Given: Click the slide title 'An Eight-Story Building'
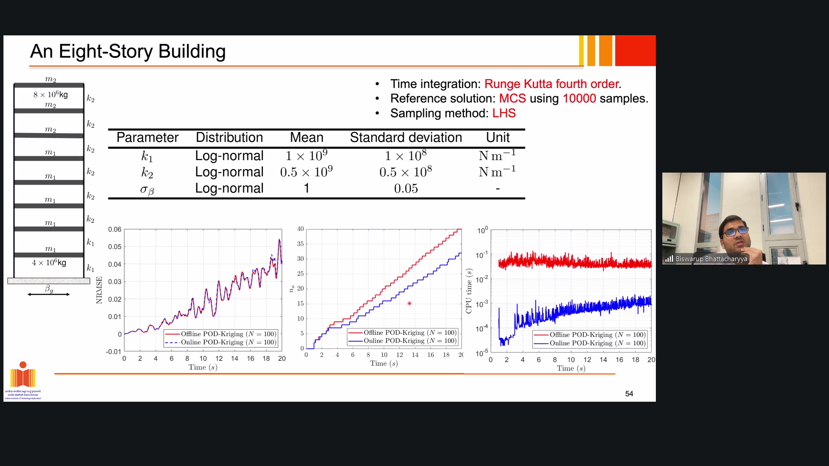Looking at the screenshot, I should point(128,51).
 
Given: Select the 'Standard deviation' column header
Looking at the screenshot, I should point(406,138).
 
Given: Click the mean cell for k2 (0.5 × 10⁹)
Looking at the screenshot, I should point(306,172).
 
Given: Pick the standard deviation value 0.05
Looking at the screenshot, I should point(406,189).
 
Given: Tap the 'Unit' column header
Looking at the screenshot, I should point(498,138).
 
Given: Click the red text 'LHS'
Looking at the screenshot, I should point(504,113).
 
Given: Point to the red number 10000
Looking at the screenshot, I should point(579,98).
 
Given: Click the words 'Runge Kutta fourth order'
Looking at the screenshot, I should point(552,84).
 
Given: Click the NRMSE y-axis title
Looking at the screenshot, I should point(99,290).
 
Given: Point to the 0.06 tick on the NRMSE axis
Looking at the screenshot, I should point(114,229).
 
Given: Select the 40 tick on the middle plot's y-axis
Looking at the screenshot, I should point(301,229).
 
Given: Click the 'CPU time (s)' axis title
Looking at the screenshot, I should point(469,291).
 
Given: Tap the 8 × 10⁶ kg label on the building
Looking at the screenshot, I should point(51,94).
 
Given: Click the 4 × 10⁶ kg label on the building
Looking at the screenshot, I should point(49,262).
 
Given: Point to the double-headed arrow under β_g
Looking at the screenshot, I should point(49,294).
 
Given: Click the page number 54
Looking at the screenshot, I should point(629,394).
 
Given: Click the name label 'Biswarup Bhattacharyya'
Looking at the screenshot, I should point(711,259).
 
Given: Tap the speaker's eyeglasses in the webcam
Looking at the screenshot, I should point(736,232).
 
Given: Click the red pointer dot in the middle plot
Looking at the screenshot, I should point(409,303).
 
